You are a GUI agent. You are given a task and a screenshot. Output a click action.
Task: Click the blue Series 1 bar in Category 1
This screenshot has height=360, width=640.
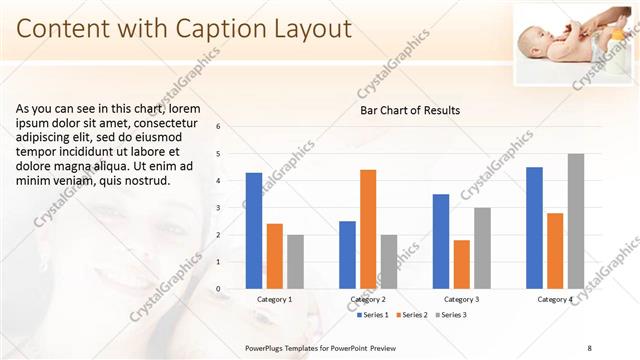point(254,231)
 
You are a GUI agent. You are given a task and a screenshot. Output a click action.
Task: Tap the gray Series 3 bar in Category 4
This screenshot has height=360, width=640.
point(576,221)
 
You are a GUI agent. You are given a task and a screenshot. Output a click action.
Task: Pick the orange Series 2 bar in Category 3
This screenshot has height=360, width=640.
point(461,264)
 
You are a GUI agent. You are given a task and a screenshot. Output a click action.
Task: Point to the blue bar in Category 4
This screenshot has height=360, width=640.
point(534,228)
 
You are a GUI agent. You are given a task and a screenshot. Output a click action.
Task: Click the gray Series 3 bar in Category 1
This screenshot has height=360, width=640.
point(295,262)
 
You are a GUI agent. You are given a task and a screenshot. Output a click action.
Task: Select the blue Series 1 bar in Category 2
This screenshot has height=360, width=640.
point(347,255)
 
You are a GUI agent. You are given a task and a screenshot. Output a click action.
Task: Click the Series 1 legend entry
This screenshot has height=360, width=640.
point(375,315)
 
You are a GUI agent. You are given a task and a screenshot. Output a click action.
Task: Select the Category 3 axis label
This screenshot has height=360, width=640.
point(461,299)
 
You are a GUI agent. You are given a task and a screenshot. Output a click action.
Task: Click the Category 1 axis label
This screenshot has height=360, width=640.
point(275,299)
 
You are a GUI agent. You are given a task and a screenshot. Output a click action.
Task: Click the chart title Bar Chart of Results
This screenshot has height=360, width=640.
point(410,110)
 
